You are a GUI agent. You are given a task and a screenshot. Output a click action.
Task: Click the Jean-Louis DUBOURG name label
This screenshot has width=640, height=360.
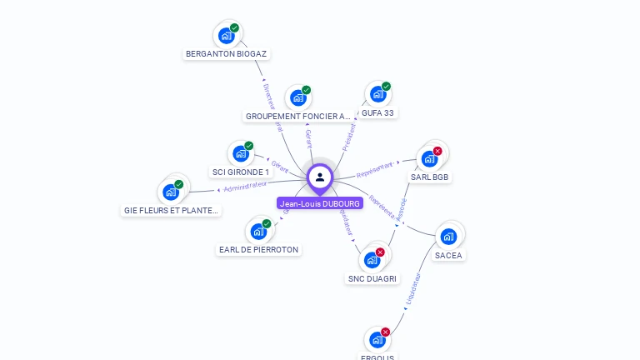pyautogui.click(x=320, y=203)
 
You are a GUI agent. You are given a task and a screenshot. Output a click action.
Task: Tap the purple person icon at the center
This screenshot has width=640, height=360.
pyautogui.click(x=320, y=177)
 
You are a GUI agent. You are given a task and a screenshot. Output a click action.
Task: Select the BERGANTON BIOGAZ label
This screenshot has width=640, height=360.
pyautogui.click(x=227, y=53)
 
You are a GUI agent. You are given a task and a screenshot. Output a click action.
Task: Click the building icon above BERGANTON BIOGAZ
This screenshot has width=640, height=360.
pyautogui.click(x=225, y=36)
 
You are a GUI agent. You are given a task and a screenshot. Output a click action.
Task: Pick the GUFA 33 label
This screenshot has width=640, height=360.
pyautogui.click(x=377, y=112)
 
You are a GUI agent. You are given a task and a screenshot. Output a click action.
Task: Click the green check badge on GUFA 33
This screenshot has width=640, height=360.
pyautogui.click(x=386, y=87)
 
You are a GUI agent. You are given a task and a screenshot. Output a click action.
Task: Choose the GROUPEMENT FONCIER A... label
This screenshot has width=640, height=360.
pyautogui.click(x=298, y=116)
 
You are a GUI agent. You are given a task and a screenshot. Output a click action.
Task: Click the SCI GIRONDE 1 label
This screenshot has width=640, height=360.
pyautogui.click(x=241, y=172)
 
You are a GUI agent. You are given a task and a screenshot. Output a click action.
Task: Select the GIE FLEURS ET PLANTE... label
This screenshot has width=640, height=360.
pyautogui.click(x=171, y=211)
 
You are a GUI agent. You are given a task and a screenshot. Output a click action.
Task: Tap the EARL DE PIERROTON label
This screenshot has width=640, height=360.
pyautogui.click(x=258, y=249)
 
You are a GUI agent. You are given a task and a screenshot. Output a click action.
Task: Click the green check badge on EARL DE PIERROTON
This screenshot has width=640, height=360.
pyautogui.click(x=267, y=223)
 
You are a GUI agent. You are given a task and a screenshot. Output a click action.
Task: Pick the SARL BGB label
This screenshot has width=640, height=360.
pyautogui.click(x=430, y=177)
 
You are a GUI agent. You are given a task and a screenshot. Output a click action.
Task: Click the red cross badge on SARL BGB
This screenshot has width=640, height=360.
pyautogui.click(x=437, y=151)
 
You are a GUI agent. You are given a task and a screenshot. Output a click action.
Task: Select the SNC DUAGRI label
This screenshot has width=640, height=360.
pyautogui.click(x=372, y=278)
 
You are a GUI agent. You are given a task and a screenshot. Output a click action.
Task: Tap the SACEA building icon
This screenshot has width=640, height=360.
pyautogui.click(x=448, y=237)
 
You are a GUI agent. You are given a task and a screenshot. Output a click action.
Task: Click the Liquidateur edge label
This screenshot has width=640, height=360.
pyautogui.click(x=413, y=288)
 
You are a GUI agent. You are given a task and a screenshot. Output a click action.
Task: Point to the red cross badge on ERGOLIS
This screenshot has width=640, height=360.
pyautogui.click(x=385, y=332)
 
